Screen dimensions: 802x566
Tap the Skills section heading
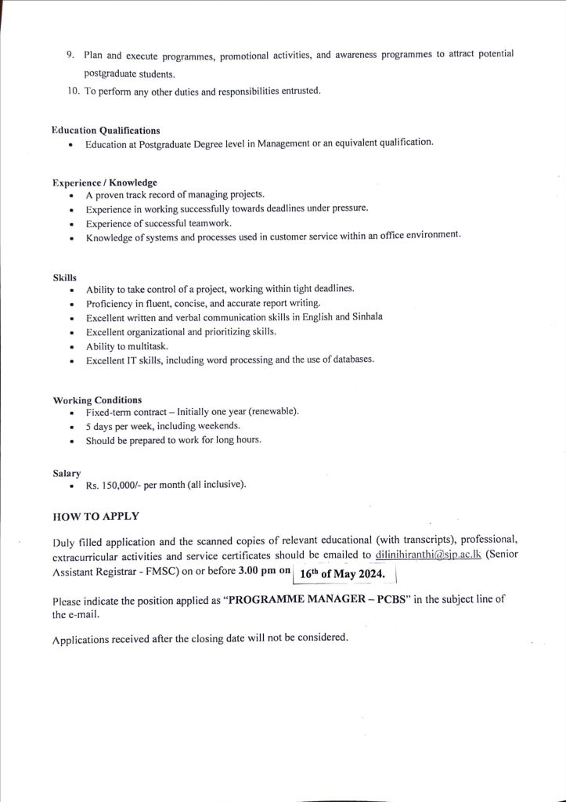(x=64, y=277)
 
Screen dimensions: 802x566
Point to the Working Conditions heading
(x=97, y=400)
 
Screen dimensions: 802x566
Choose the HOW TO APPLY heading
(x=95, y=517)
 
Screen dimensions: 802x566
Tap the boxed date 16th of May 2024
(x=344, y=574)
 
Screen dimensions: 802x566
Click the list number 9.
(x=70, y=54)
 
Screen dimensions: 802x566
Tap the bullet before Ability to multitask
(x=72, y=346)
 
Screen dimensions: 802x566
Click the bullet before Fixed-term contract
(x=72, y=413)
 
